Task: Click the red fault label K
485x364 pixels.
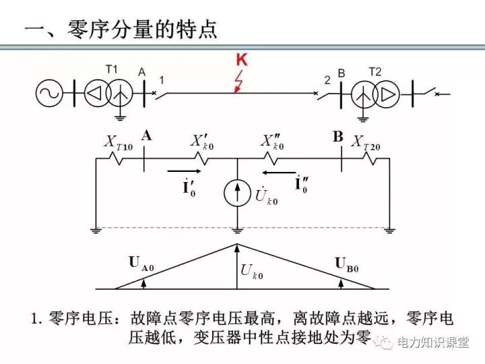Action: click(241, 61)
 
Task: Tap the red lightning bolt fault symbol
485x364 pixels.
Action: click(238, 83)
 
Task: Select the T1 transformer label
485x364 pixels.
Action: click(112, 69)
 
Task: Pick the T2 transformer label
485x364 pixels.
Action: click(375, 70)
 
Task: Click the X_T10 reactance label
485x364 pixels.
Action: click(118, 142)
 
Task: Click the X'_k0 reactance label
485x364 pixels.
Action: click(201, 142)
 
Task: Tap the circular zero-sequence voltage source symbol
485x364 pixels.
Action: click(236, 192)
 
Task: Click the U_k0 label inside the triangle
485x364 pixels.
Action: click(253, 272)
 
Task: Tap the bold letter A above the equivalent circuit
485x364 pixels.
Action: click(146, 135)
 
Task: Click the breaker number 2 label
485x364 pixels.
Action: click(327, 80)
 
